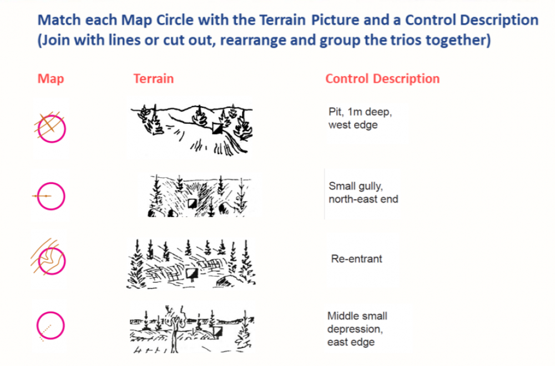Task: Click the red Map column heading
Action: point(51,79)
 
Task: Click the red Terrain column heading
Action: point(153,79)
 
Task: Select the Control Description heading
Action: point(382,79)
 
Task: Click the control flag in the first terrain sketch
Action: point(218,128)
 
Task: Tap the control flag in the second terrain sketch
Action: point(192,203)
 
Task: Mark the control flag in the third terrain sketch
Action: point(192,273)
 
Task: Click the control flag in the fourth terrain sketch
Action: point(217,332)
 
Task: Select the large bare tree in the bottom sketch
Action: point(174,329)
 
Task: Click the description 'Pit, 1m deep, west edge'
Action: point(360,118)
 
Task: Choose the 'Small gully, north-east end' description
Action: point(363,193)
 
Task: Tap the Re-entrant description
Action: point(356,259)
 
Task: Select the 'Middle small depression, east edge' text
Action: point(357,329)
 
